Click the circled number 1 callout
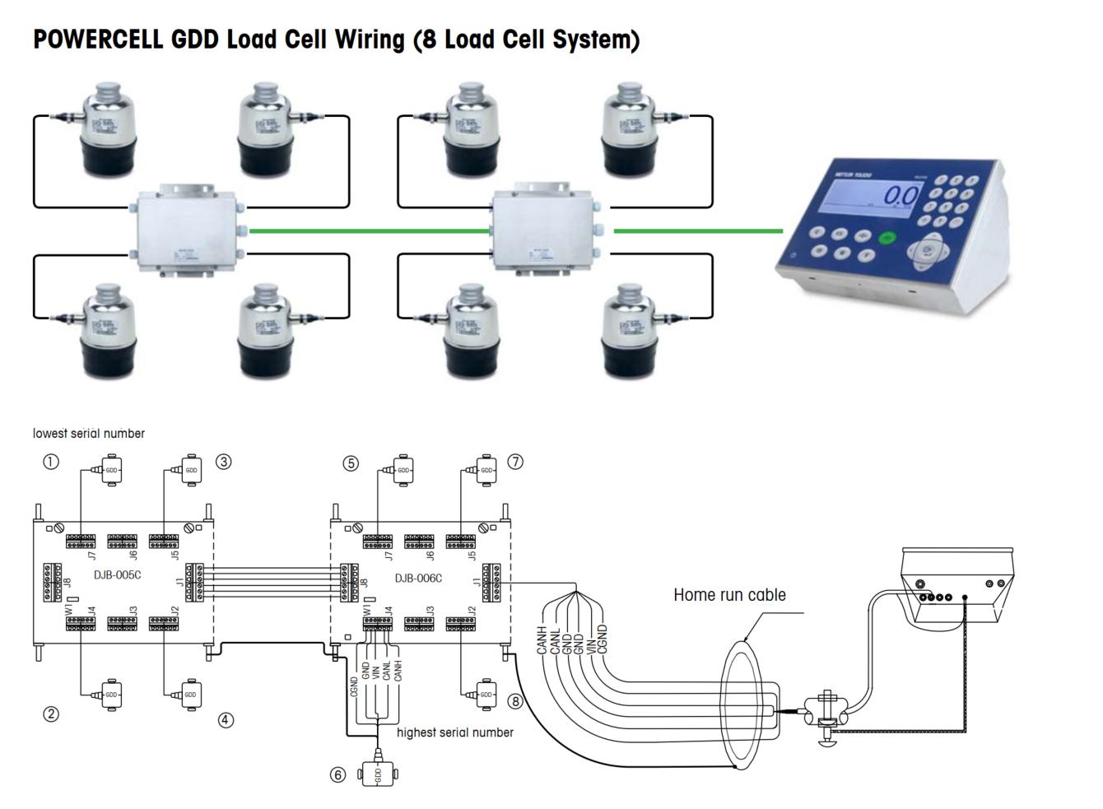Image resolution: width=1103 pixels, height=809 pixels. point(51,462)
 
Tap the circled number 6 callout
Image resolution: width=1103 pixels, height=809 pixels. point(337,774)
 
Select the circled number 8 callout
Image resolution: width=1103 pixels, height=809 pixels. point(515,701)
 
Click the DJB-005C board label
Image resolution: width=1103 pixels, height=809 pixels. point(117,574)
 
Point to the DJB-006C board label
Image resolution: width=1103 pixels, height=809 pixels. point(418,578)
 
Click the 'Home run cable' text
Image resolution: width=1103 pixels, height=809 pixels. point(729,594)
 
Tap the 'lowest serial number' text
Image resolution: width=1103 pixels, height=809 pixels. point(89,433)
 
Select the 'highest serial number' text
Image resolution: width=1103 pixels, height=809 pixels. point(455,732)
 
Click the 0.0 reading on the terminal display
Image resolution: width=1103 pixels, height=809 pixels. point(900,197)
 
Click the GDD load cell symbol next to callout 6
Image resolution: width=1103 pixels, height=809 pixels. point(378,774)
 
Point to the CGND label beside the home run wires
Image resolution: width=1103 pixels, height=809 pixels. point(602,639)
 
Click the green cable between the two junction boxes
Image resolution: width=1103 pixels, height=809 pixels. point(370,231)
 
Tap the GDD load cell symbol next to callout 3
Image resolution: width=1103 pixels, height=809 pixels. point(190,470)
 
